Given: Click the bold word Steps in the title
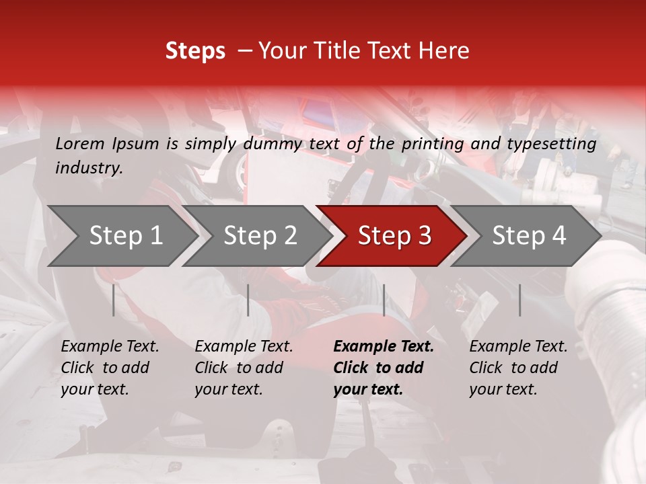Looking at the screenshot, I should pyautogui.click(x=195, y=51).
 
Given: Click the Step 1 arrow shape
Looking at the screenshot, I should pyautogui.click(x=121, y=236).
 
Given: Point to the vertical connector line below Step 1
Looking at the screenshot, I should pyautogui.click(x=114, y=300).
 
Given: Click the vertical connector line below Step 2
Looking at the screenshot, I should pyautogui.click(x=248, y=300).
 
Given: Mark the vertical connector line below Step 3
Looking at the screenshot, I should pyautogui.click(x=384, y=300).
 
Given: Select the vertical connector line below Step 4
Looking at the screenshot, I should pyautogui.click(x=519, y=300).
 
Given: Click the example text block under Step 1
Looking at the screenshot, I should pyautogui.click(x=110, y=368).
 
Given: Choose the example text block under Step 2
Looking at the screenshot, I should pyautogui.click(x=244, y=368).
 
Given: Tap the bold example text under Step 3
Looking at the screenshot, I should pyautogui.click(x=384, y=368).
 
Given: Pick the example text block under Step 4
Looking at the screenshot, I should pyautogui.click(x=518, y=368).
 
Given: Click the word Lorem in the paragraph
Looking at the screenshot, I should pyautogui.click(x=80, y=144).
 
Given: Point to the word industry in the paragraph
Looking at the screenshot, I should pyautogui.click(x=89, y=168).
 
